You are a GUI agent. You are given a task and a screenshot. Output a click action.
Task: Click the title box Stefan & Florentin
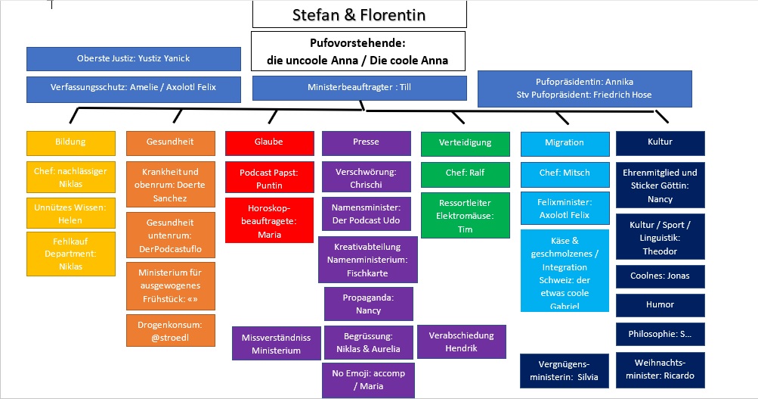coord(359,14)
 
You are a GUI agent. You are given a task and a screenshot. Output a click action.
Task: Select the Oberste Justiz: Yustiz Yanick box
coord(134,58)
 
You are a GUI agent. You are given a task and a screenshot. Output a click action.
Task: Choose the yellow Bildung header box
coord(71,142)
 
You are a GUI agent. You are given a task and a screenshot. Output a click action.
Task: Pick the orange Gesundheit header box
coord(170,142)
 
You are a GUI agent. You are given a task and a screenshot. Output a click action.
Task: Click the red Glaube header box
coord(269,142)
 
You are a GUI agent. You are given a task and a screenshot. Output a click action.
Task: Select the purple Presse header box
coord(367,142)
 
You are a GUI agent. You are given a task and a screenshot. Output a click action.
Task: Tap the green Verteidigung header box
coord(465,142)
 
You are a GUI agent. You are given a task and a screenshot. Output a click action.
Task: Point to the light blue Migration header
coord(565,142)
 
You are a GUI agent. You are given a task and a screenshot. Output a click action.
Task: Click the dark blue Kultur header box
coord(660,142)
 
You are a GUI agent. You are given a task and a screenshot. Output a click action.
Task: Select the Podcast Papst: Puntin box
coord(269,179)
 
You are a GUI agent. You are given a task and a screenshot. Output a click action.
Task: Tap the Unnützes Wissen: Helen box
coord(71,213)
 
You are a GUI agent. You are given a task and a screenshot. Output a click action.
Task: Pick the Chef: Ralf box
coord(465,173)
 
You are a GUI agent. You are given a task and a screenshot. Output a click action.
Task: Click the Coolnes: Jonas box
coord(660,276)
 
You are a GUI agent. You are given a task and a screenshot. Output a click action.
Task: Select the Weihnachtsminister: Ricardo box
coord(660,369)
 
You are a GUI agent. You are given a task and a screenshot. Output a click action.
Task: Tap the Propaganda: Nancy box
coord(368,304)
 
